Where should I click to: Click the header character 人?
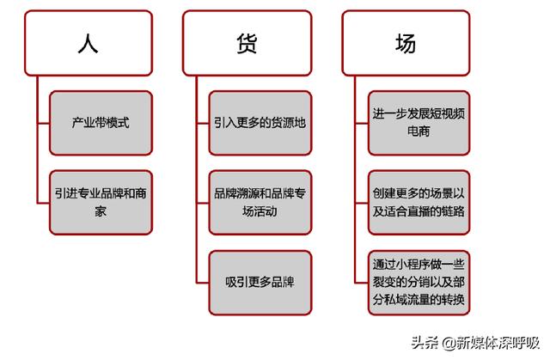[x=88, y=43]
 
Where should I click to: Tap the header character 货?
[x=247, y=43]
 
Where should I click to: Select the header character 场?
[x=406, y=43]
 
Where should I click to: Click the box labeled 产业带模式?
[x=101, y=123]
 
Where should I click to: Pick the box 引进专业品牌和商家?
[x=101, y=203]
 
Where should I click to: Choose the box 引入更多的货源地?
[x=260, y=123]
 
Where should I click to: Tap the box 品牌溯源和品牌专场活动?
[x=260, y=203]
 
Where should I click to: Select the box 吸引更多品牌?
[x=260, y=283]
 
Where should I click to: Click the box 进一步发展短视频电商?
[x=419, y=123]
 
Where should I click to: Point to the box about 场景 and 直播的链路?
[x=419, y=203]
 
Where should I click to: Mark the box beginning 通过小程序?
[x=419, y=283]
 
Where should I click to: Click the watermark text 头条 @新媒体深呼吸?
[x=475, y=343]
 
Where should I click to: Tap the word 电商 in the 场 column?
[x=419, y=131]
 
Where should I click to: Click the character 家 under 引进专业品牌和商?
[x=101, y=211]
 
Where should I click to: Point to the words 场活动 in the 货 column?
[x=260, y=211]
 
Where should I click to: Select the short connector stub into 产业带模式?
[x=44, y=124]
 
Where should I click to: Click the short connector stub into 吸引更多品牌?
[x=203, y=283]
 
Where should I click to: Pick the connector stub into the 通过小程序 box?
[x=362, y=283]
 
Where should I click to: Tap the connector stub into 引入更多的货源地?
[x=203, y=124]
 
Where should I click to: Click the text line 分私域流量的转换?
[x=419, y=300]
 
